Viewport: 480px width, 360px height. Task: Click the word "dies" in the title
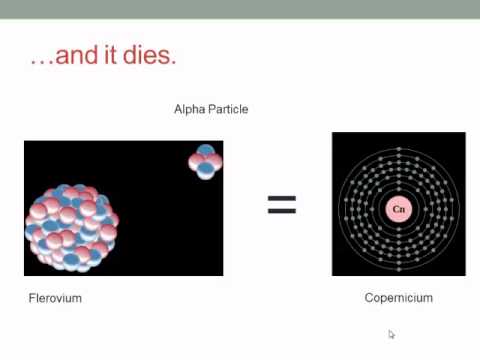pyautogui.click(x=150, y=55)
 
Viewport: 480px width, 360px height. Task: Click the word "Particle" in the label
pyautogui.click(x=228, y=109)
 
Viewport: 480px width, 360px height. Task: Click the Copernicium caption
pyautogui.click(x=398, y=298)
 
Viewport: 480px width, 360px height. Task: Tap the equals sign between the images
pyautogui.click(x=281, y=205)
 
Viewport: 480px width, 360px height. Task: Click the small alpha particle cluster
pyautogui.click(x=205, y=161)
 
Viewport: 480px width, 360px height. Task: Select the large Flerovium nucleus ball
pyautogui.click(x=72, y=227)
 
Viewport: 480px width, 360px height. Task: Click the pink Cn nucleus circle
pyautogui.click(x=398, y=209)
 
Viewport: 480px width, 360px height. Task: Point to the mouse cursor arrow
pyautogui.click(x=392, y=334)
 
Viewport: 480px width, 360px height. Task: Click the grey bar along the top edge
pyautogui.click(x=240, y=9)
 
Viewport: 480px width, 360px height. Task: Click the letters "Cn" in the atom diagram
pyautogui.click(x=398, y=209)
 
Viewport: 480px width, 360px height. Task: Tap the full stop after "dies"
pyautogui.click(x=174, y=62)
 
